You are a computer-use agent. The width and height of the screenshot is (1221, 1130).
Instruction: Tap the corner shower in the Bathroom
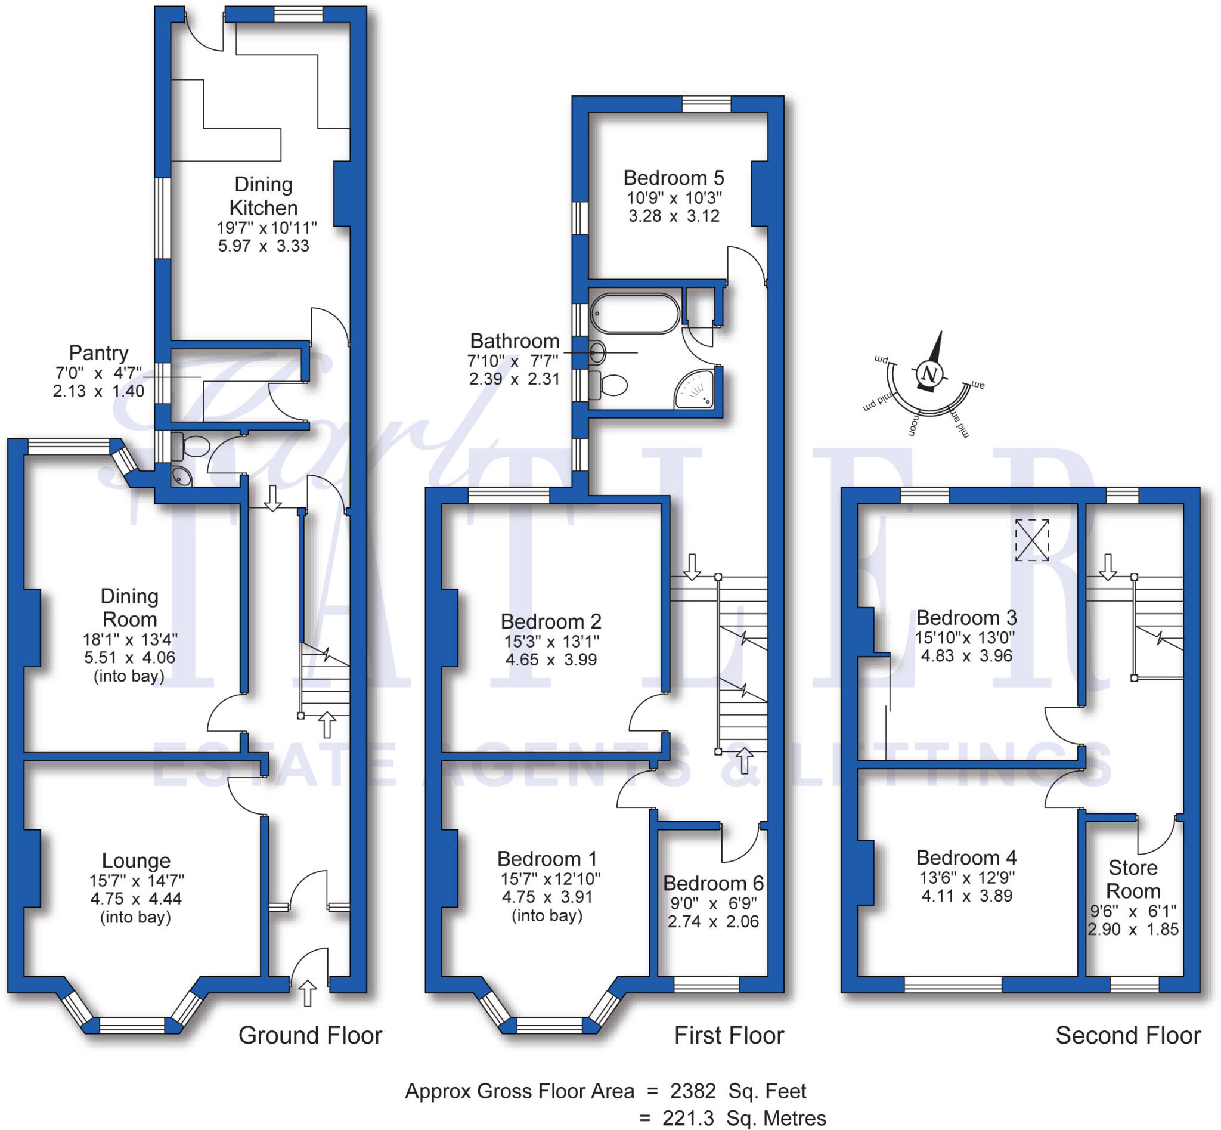696,391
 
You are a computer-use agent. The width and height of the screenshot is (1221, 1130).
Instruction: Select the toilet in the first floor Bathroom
609,385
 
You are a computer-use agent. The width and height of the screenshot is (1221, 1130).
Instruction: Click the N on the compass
929,374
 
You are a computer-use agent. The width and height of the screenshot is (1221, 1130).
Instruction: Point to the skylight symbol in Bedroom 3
1032,540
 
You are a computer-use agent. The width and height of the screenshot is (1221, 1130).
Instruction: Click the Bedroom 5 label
673,178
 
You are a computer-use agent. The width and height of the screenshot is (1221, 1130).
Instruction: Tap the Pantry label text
98,353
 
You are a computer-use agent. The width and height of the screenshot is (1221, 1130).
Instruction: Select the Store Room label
1133,880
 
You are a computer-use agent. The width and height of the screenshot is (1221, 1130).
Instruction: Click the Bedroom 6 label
713,884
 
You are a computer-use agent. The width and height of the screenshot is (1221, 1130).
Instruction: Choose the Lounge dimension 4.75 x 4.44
136,899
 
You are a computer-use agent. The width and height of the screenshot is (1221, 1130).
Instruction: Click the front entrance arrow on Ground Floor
308,993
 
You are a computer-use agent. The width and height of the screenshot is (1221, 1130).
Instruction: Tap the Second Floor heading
1127,1036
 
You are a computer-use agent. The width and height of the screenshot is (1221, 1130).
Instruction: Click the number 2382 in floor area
693,1091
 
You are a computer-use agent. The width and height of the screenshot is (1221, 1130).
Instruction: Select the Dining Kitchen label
264,196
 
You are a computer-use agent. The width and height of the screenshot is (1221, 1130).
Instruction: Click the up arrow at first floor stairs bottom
744,760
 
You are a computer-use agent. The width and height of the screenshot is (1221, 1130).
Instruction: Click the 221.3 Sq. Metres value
743,1119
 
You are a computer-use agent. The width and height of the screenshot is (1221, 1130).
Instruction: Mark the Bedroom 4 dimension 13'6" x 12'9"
966,877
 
